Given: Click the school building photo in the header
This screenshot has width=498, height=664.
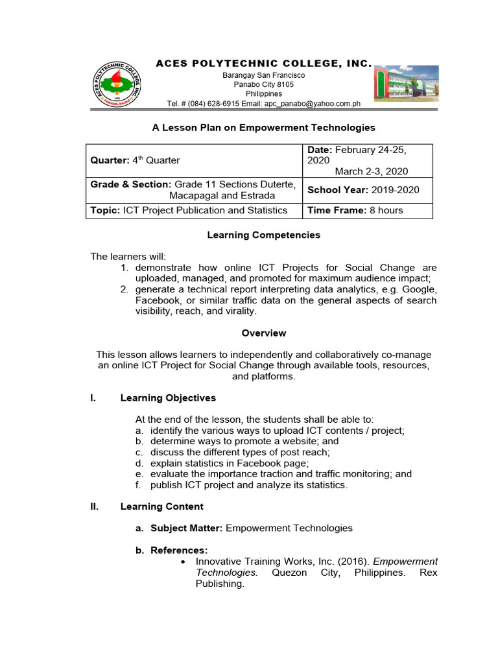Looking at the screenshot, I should tap(405, 84).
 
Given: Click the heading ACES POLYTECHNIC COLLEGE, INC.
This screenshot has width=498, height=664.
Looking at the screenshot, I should tap(263, 64).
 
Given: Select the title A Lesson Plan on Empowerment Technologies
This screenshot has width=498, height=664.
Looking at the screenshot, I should tap(263, 128).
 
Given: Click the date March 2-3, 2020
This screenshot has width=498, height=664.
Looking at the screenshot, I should tap(372, 171).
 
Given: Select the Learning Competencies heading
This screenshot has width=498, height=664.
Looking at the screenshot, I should tap(263, 235).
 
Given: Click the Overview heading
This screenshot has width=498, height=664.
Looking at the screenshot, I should tap(263, 333).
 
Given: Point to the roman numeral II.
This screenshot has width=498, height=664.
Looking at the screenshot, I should tap(94, 506).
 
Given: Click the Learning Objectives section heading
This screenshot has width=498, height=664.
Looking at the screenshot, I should tap(168, 397).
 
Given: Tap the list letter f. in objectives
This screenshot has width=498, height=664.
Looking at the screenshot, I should tap(139, 484).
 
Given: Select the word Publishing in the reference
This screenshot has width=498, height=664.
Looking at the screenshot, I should tap(219, 584).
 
